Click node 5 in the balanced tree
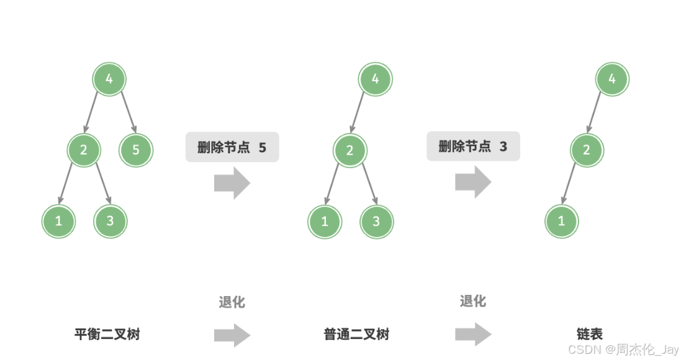click(136, 150)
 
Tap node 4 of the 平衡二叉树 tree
click(109, 79)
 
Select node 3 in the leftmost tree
click(110, 220)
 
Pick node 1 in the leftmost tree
click(58, 220)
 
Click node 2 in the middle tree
click(350, 150)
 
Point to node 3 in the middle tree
click(376, 221)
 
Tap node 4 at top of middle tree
click(375, 79)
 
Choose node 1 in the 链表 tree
click(561, 221)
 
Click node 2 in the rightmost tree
click(587, 150)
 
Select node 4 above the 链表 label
click(612, 79)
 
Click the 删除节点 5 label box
click(232, 147)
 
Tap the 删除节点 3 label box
click(472, 146)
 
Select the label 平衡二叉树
click(107, 335)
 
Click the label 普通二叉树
click(356, 335)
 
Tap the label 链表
click(589, 335)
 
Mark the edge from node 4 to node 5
click(128, 115)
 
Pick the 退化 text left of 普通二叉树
click(232, 303)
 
